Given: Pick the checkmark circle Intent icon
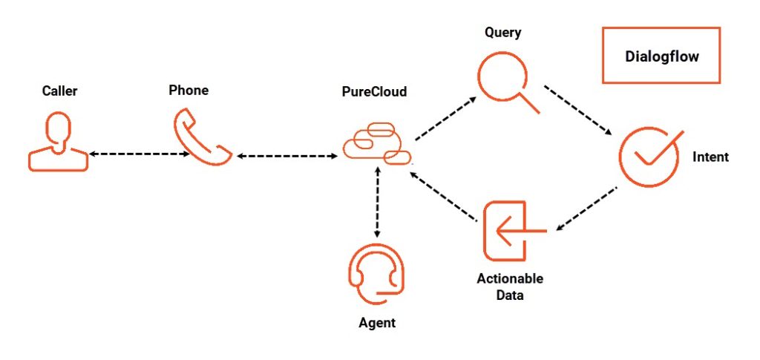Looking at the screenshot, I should click(x=649, y=157).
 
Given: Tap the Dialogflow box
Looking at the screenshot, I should click(x=661, y=56).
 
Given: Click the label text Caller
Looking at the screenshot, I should click(x=59, y=91).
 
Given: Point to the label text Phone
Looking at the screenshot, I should click(x=189, y=91).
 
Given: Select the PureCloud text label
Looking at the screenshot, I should click(x=374, y=92).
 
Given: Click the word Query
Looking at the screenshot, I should click(x=502, y=33).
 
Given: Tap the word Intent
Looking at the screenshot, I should click(x=710, y=157).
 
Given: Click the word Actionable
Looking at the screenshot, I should click(x=510, y=279).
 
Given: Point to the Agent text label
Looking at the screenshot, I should click(x=377, y=323).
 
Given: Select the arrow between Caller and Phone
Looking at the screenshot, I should click(x=138, y=154).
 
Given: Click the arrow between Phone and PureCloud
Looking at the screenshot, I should click(x=286, y=156).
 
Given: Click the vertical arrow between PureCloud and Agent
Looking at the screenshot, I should click(x=378, y=202).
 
